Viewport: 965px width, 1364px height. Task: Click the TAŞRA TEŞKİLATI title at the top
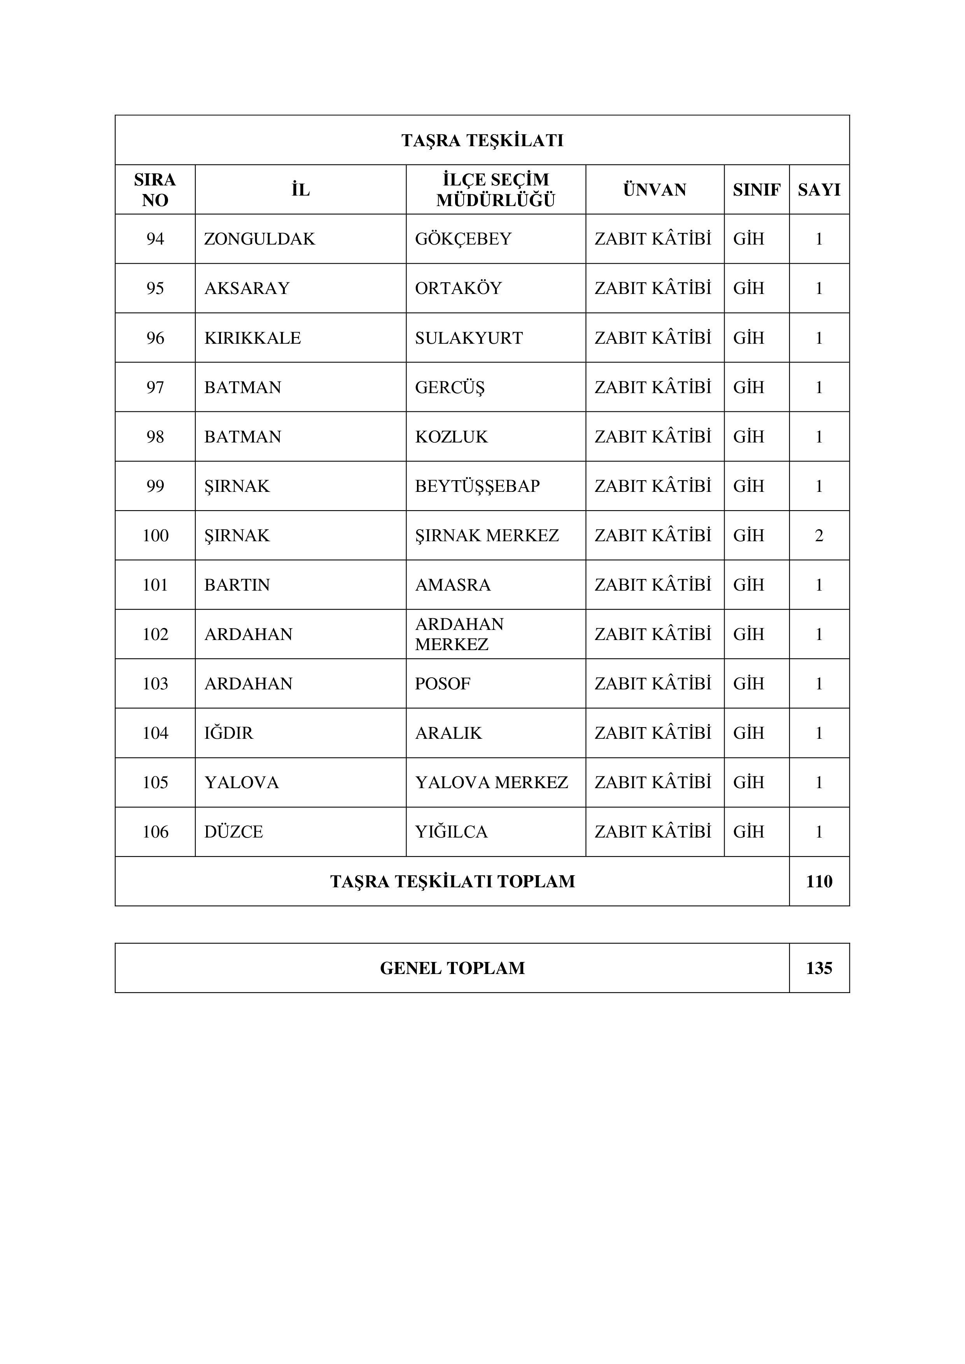point(482,140)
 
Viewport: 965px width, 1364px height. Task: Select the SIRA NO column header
point(155,189)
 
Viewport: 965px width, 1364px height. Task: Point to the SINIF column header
point(757,189)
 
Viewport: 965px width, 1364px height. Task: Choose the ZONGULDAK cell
point(260,239)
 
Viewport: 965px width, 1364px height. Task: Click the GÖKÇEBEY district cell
point(463,239)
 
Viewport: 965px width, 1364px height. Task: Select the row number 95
point(155,288)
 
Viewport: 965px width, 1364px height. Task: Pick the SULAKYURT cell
point(469,338)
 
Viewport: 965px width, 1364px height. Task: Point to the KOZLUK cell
point(451,437)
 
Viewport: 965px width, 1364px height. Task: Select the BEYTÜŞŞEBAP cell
point(477,486)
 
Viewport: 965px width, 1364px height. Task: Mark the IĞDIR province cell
point(229,733)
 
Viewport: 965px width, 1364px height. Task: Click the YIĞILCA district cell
point(451,832)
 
